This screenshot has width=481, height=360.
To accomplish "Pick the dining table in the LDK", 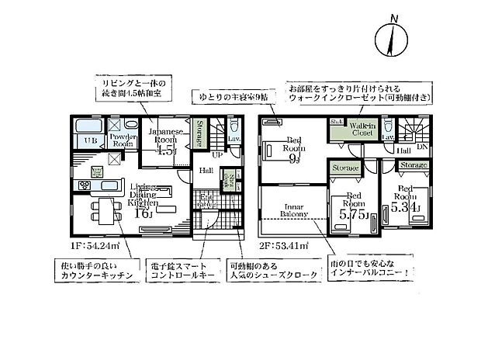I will [103, 210].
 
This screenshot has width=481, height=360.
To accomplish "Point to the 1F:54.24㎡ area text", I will [91, 246].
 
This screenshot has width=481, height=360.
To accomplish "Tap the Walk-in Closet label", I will [365, 129].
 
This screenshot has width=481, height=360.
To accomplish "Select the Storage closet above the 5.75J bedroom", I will [344, 167].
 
